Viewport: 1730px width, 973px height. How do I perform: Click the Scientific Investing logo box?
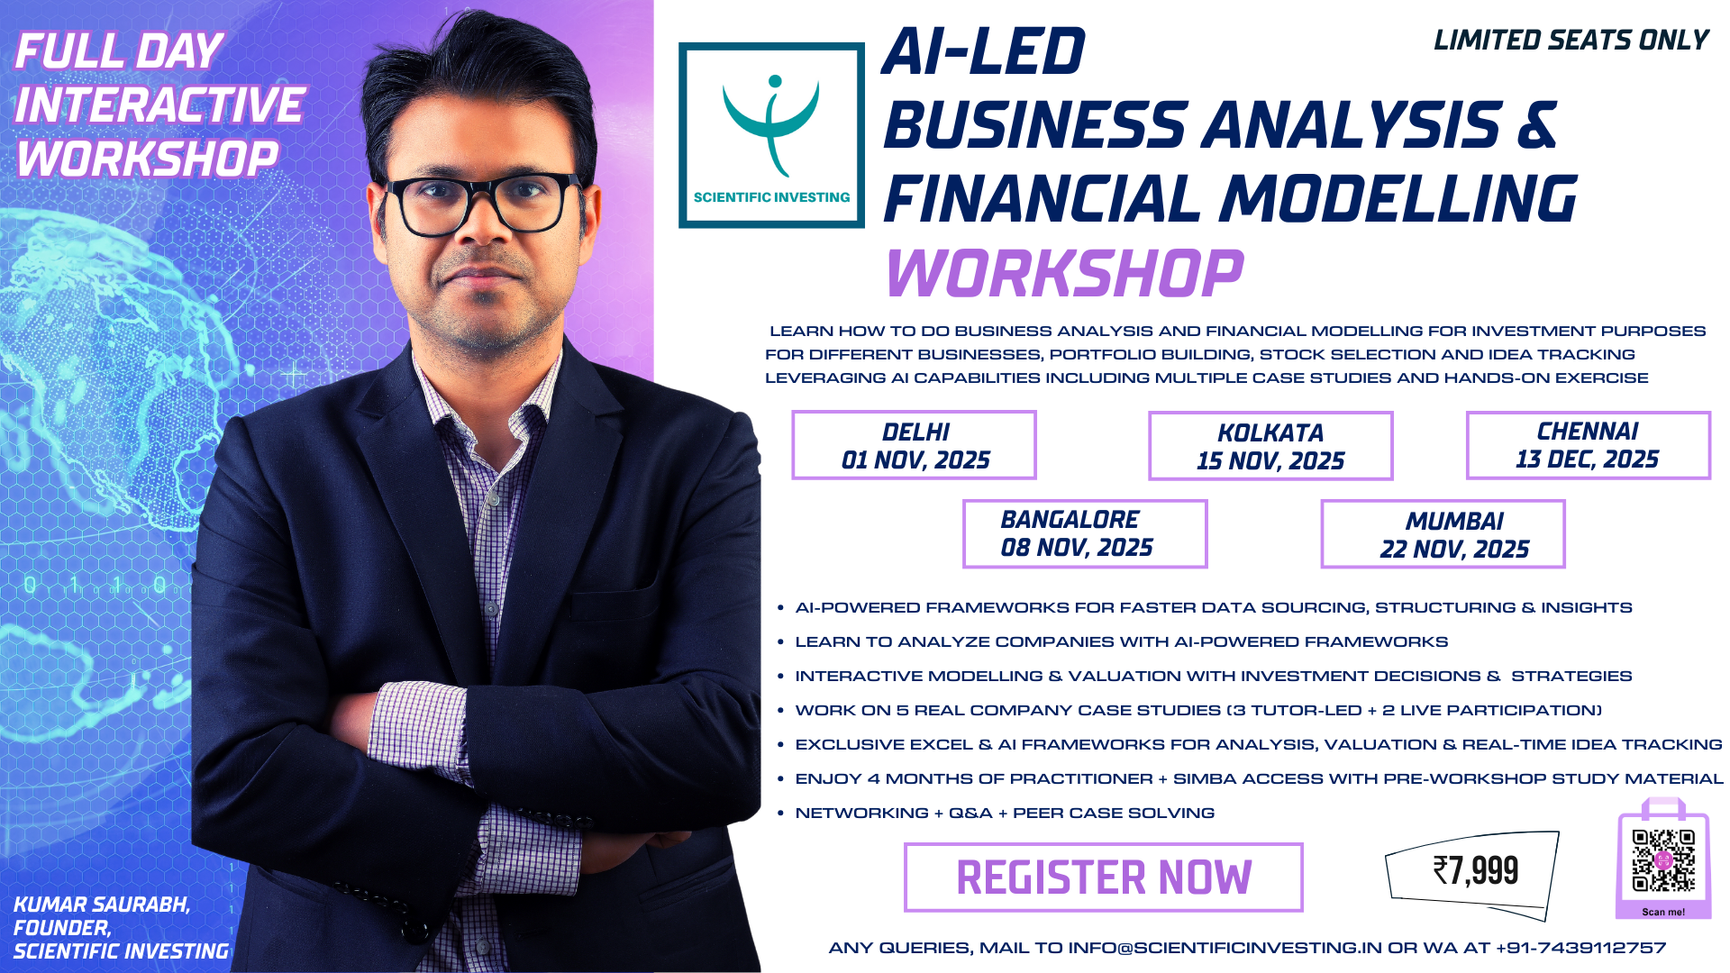[x=771, y=135]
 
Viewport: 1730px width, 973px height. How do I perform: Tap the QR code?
[x=1663, y=860]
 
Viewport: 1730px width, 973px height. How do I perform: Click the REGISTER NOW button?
[x=1104, y=878]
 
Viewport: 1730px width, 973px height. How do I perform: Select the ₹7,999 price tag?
[x=1472, y=871]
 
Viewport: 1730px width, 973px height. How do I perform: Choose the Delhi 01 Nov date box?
[x=914, y=445]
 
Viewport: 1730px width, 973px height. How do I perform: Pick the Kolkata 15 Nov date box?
[x=1270, y=446]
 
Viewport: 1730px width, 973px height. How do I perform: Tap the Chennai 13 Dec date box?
[x=1588, y=445]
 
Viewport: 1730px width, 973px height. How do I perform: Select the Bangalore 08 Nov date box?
[x=1085, y=533]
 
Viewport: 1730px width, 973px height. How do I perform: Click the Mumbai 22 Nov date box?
[x=1443, y=534]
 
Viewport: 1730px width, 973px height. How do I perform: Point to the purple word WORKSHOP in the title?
[x=1065, y=273]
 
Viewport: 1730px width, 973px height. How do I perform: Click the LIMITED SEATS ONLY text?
[x=1571, y=41]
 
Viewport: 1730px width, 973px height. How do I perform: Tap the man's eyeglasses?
[x=484, y=204]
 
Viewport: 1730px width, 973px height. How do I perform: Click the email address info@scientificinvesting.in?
[x=1225, y=948]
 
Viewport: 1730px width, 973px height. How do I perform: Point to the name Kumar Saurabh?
[x=102, y=905]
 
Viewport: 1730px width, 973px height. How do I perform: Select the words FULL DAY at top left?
[x=119, y=51]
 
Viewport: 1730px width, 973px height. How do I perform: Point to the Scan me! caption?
[x=1663, y=912]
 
